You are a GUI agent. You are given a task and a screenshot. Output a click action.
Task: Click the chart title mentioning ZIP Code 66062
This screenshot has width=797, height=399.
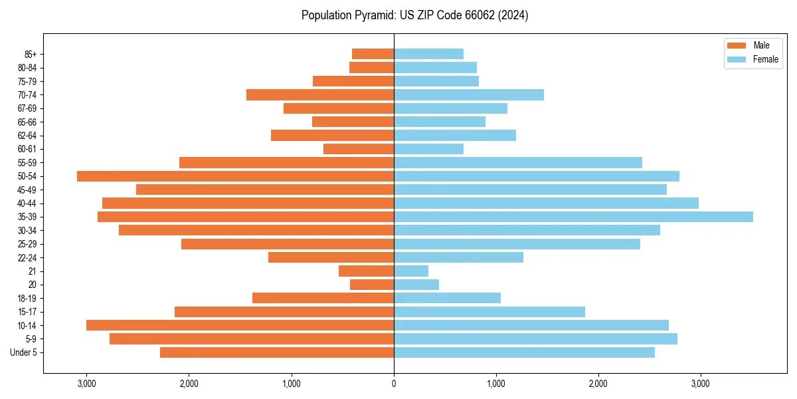click(x=415, y=15)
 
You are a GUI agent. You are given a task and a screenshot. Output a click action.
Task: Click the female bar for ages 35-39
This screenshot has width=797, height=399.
click(x=573, y=217)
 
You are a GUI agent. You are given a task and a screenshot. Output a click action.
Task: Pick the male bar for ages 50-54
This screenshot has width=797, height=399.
click(x=235, y=176)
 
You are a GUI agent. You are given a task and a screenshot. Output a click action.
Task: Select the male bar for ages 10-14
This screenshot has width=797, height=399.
click(x=240, y=325)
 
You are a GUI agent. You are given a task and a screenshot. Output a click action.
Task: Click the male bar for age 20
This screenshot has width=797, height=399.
click(x=372, y=285)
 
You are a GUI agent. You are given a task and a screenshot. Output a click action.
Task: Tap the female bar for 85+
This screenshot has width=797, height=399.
click(x=428, y=54)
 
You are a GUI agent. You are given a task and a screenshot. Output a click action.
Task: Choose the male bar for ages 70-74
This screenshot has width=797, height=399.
click(x=320, y=95)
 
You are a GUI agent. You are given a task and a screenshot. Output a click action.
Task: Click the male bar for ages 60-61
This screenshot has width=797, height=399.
click(x=359, y=149)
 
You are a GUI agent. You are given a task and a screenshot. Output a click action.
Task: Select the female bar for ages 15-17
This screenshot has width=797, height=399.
click(x=489, y=312)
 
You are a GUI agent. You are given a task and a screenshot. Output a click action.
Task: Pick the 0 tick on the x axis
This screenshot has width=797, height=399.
click(x=394, y=384)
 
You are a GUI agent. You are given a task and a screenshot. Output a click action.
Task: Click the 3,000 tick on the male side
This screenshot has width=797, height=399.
click(x=86, y=384)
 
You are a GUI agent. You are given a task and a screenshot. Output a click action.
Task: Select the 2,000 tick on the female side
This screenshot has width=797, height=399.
click(x=598, y=384)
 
